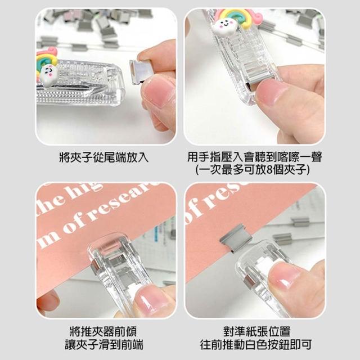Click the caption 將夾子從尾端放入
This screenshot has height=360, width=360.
coord(103,157)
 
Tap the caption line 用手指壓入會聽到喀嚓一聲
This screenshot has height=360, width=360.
coord(254,157)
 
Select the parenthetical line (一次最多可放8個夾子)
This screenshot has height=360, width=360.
coord(253,170)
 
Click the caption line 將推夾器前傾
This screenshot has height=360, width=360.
coord(103,331)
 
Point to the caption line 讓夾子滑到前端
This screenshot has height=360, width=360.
coord(104,345)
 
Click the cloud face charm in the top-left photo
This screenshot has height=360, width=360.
coord(49,74)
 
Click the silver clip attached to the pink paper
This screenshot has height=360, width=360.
coord(236,238)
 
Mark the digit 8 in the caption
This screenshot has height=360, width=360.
coord(269,170)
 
